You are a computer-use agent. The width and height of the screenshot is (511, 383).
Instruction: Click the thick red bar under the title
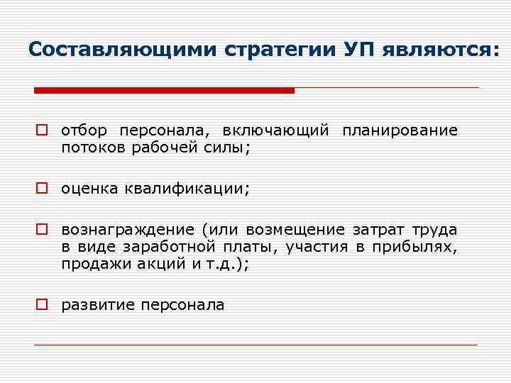(x=164, y=90)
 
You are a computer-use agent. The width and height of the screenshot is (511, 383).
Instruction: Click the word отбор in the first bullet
(x=84, y=131)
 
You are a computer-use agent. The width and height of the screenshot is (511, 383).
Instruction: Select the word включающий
(x=275, y=131)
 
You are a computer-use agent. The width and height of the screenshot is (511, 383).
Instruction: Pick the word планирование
(x=400, y=131)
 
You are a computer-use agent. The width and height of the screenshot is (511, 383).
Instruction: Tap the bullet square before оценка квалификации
(x=43, y=189)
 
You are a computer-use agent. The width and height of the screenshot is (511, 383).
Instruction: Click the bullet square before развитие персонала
(x=43, y=306)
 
